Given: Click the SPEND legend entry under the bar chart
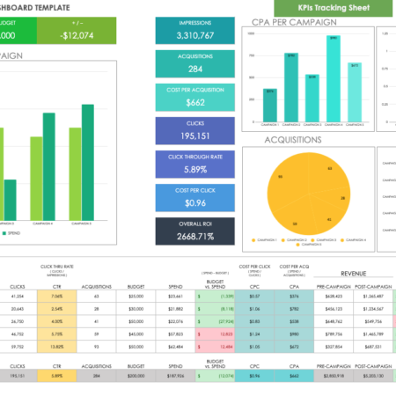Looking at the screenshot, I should click(13, 233).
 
